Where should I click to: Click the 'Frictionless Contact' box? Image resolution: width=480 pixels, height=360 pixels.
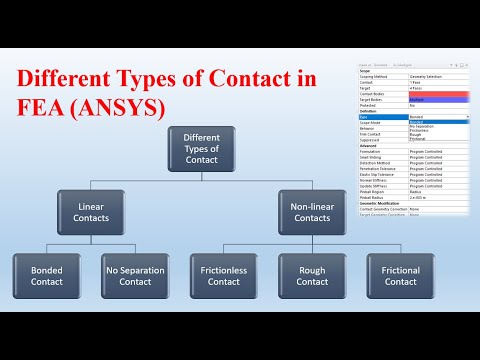(x=223, y=275)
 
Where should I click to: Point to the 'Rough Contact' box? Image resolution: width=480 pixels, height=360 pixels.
(x=312, y=275)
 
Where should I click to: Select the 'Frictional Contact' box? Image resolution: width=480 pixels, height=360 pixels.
(x=401, y=275)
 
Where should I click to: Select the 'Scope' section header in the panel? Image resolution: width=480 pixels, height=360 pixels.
(x=366, y=71)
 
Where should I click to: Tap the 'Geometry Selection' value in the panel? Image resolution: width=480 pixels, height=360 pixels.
(x=431, y=76)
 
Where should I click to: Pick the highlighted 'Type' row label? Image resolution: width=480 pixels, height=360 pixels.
(x=364, y=118)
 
